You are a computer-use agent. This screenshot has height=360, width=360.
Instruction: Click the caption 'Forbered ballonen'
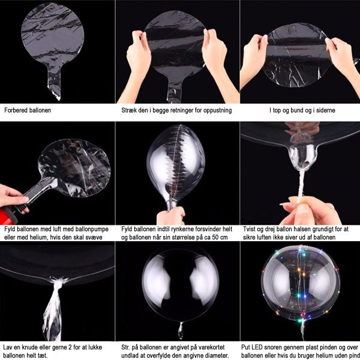[x=28, y=110]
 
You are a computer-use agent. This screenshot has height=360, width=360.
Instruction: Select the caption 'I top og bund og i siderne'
[x=302, y=110]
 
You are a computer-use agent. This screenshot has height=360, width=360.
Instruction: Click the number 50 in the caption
[x=215, y=237]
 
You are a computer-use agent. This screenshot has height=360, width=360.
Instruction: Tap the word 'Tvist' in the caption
[x=249, y=229]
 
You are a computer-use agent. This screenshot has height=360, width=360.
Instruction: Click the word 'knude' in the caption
[x=31, y=347]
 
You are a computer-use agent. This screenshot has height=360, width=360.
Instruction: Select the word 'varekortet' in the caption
[x=211, y=347]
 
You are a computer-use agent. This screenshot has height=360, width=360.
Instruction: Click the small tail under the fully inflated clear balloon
[x=181, y=331]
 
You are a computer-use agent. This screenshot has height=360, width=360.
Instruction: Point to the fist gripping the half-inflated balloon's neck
[x=171, y=216]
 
